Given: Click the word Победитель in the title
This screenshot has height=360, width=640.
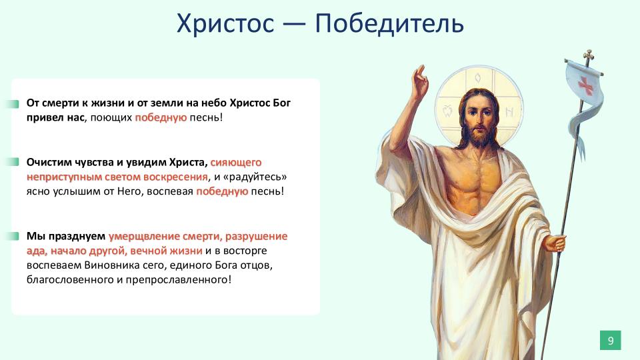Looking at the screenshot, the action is (x=389, y=24).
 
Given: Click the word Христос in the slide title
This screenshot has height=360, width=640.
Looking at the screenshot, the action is (x=225, y=24).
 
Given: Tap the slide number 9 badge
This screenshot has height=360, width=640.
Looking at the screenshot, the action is (x=610, y=341).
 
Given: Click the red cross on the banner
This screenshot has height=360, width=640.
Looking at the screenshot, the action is (x=586, y=85).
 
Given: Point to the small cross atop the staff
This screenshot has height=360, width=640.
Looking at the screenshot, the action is (x=588, y=56).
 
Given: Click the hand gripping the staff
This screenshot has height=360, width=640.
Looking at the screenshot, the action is (x=555, y=243).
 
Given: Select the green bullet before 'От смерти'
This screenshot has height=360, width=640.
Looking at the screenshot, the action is (x=13, y=104).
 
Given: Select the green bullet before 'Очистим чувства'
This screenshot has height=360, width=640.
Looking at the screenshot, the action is (x=13, y=162).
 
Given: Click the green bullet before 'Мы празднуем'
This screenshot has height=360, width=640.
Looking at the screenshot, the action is (x=13, y=236).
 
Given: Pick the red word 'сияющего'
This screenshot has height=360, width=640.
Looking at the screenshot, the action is (x=236, y=163).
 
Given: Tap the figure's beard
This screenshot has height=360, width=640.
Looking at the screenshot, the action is (x=479, y=137).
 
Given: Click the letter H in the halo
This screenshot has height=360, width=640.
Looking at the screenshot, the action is (x=509, y=111).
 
